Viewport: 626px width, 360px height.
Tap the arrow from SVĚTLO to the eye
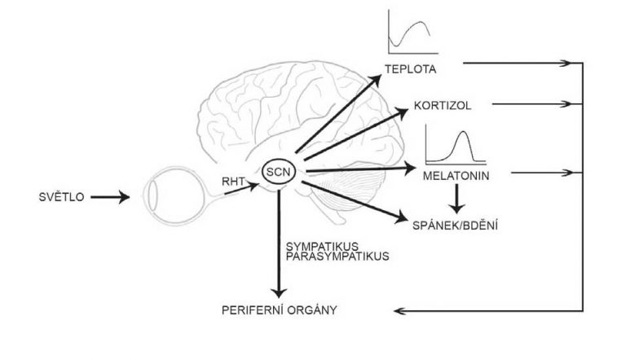pyautogui.click(x=111, y=196)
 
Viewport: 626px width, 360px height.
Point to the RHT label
pyautogui.click(x=234, y=183)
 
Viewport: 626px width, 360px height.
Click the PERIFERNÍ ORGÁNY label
pyautogui.click(x=280, y=310)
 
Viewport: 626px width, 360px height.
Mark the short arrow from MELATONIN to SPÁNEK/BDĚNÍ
pyautogui.click(x=459, y=194)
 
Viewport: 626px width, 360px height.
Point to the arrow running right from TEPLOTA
pyautogui.click(x=522, y=62)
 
